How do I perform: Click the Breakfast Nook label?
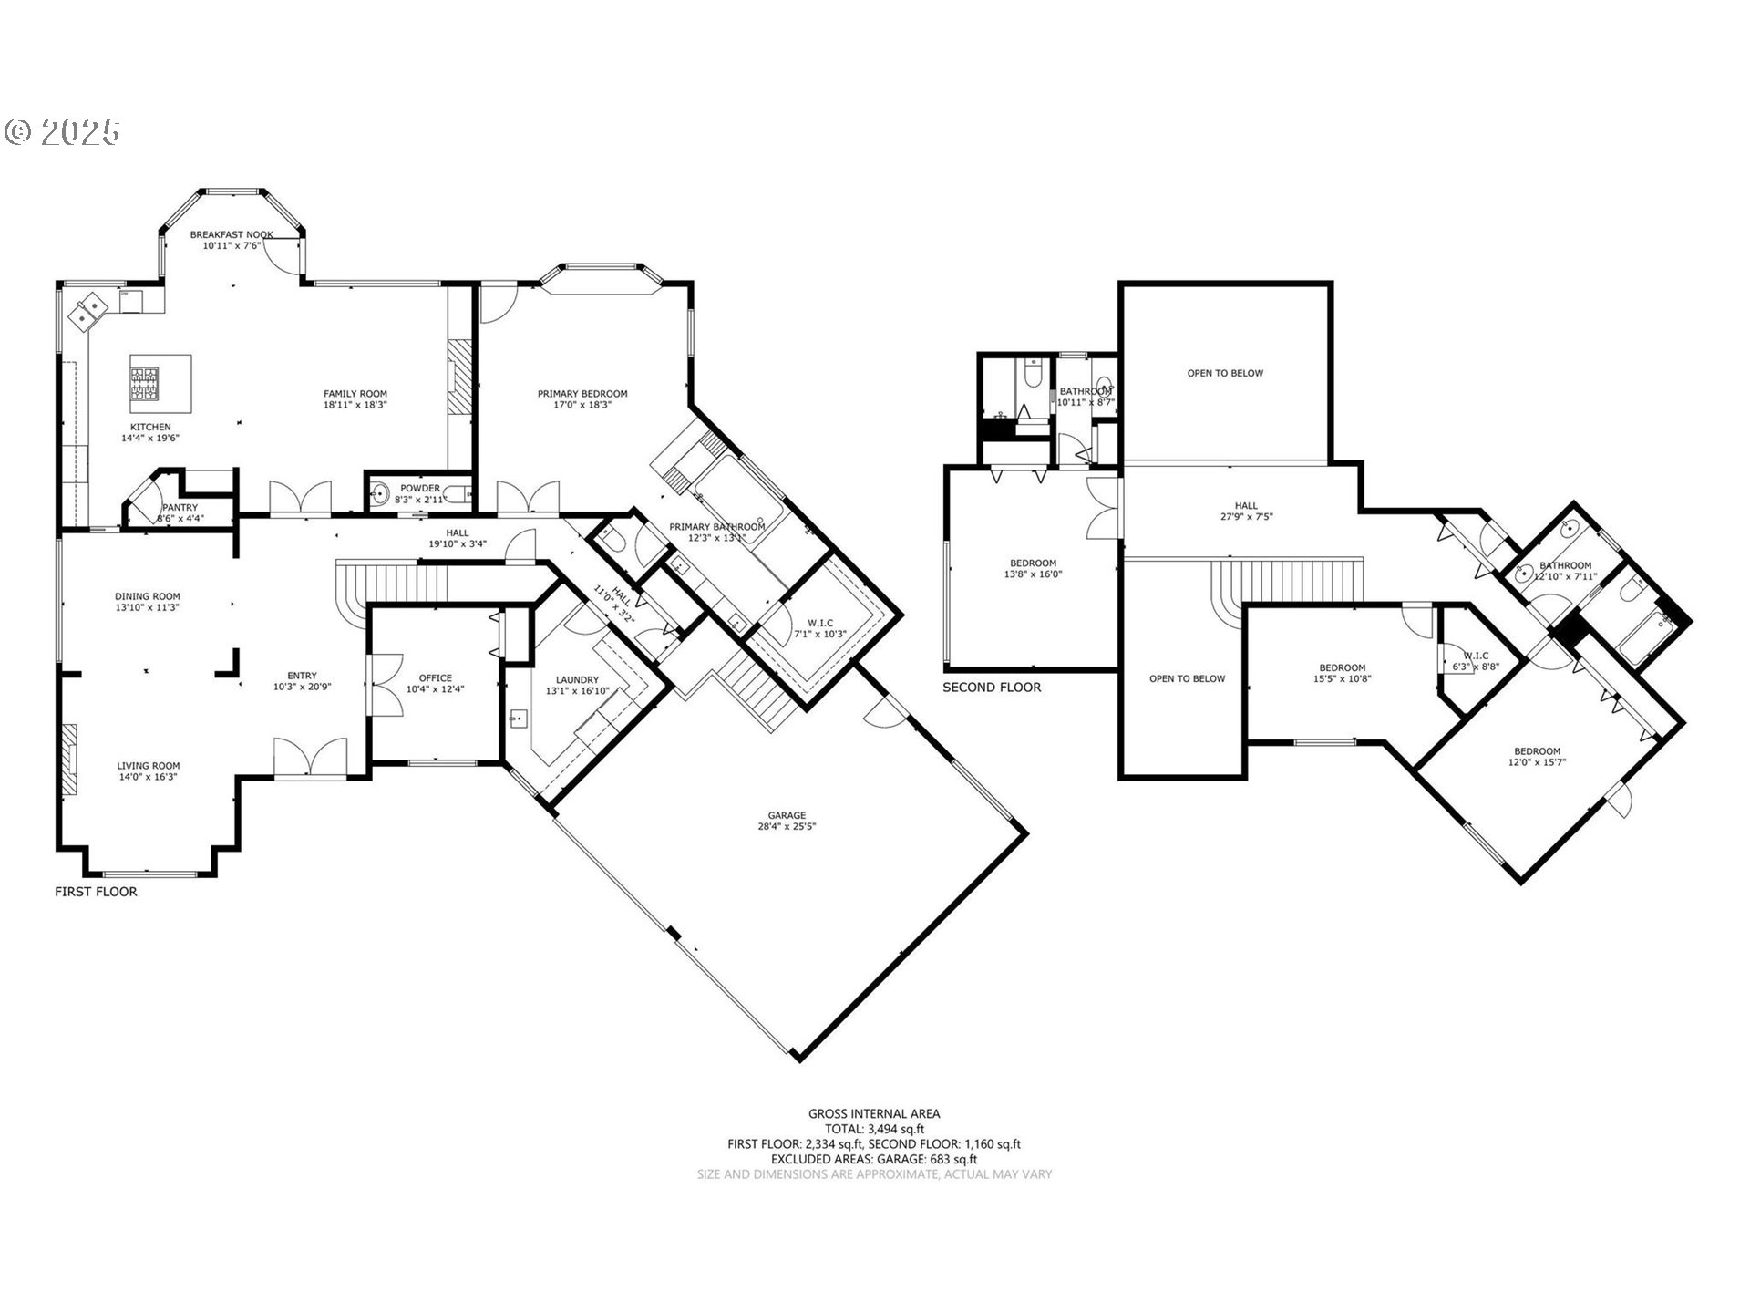click(232, 234)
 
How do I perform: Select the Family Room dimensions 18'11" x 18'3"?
click(355, 405)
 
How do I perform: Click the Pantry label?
click(180, 508)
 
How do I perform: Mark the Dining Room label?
click(148, 596)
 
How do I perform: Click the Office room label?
click(435, 677)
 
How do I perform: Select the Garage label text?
click(787, 815)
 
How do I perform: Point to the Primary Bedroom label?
click(582, 394)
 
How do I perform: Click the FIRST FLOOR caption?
click(96, 892)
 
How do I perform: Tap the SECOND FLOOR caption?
click(992, 688)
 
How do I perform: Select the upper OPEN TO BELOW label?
click(1225, 373)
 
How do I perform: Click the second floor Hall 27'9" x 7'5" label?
click(1246, 511)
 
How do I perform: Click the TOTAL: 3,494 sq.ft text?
click(874, 1128)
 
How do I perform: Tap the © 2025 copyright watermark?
click(62, 133)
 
